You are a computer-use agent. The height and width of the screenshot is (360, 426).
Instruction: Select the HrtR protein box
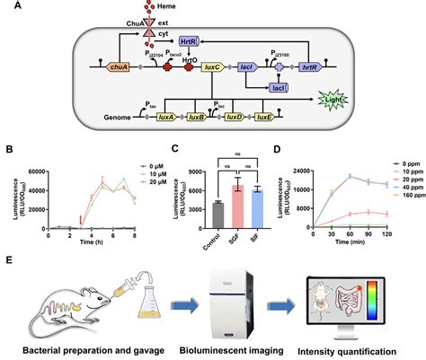[188, 41]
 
